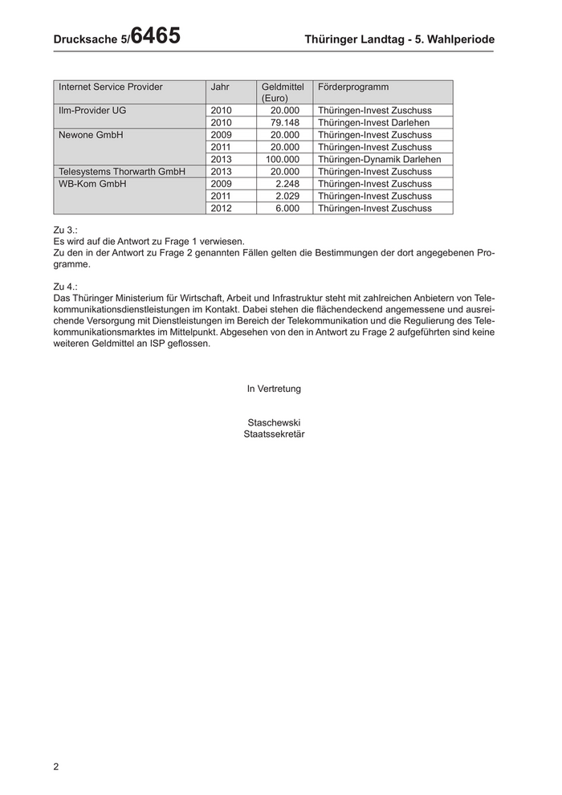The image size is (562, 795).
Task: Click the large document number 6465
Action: tap(155, 36)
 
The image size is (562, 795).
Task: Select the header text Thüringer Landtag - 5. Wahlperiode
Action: tap(400, 39)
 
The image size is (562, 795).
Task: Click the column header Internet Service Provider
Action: tap(111, 87)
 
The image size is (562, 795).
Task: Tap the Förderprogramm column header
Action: tap(353, 87)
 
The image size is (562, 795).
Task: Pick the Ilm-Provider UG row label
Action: tap(92, 111)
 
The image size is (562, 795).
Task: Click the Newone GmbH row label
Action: tap(91, 135)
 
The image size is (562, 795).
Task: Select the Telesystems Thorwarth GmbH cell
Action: tap(122, 172)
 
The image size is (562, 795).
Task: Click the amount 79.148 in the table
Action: tap(285, 123)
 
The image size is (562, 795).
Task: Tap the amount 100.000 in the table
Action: tap(283, 160)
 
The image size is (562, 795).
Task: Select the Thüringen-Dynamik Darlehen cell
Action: tap(379, 160)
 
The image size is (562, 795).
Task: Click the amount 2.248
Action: tap(287, 184)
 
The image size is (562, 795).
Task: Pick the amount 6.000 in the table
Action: tap(287, 209)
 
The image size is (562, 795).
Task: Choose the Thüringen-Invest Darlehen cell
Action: tap(373, 123)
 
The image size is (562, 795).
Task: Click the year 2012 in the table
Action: tap(221, 209)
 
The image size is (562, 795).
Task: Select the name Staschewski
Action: tap(274, 422)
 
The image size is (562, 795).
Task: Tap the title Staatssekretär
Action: tap(274, 434)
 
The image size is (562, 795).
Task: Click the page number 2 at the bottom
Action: tap(56, 766)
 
